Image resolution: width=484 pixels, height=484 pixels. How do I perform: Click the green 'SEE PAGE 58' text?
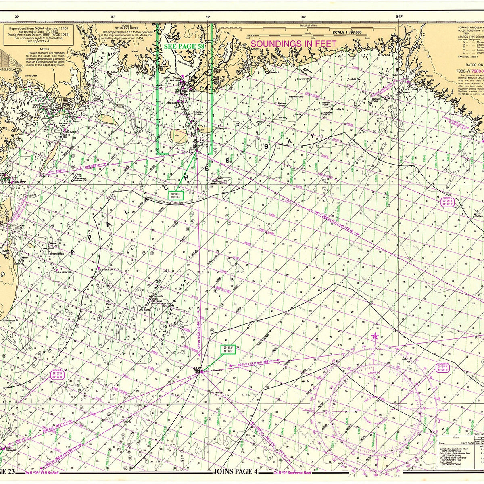[184, 46]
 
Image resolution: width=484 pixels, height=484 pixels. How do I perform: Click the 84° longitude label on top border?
[399, 17]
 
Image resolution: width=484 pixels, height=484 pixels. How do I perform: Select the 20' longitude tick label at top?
[17, 17]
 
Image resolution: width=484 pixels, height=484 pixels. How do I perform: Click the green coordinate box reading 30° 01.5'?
[176, 195]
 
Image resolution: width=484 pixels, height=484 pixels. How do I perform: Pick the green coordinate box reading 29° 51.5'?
[228, 349]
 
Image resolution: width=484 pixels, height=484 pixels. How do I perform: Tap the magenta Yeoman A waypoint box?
[58, 376]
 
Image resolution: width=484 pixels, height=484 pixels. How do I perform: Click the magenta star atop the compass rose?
[375, 336]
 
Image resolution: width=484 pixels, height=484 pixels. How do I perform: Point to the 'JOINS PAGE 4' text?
[235, 471]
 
